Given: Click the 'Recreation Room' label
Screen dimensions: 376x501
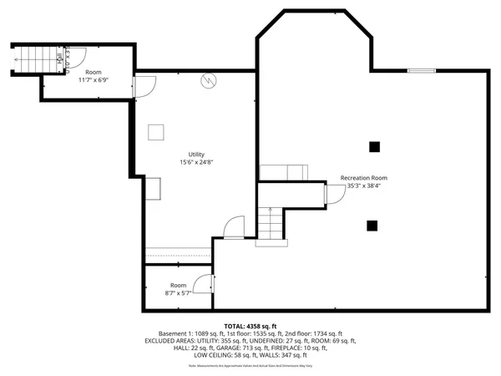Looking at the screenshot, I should click(364, 178).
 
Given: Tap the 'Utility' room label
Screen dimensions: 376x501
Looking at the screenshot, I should click(196, 154).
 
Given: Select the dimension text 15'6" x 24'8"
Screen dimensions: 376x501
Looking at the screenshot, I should click(196, 162).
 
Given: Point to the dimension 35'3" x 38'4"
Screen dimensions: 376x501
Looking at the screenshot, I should click(364, 186).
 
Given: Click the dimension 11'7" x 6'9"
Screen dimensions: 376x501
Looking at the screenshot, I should click(94, 80).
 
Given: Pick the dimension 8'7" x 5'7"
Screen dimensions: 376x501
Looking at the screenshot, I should click(179, 293).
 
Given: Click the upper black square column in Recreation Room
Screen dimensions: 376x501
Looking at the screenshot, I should click(374, 147).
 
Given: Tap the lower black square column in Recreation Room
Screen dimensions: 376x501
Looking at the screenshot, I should click(372, 224).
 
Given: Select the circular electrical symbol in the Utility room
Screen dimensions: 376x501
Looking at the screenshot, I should click(209, 81).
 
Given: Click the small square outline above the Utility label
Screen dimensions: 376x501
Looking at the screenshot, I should click(156, 132).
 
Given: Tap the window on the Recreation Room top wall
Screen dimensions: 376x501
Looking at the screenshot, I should click(420, 71).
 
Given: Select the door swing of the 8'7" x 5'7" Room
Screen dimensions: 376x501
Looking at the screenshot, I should click(203, 284).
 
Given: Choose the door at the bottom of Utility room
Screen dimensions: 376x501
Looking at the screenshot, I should click(234, 227).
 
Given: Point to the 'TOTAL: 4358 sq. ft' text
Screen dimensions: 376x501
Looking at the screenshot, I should click(250, 325).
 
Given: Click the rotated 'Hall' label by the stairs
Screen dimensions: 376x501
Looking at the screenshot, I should click(59, 59).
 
